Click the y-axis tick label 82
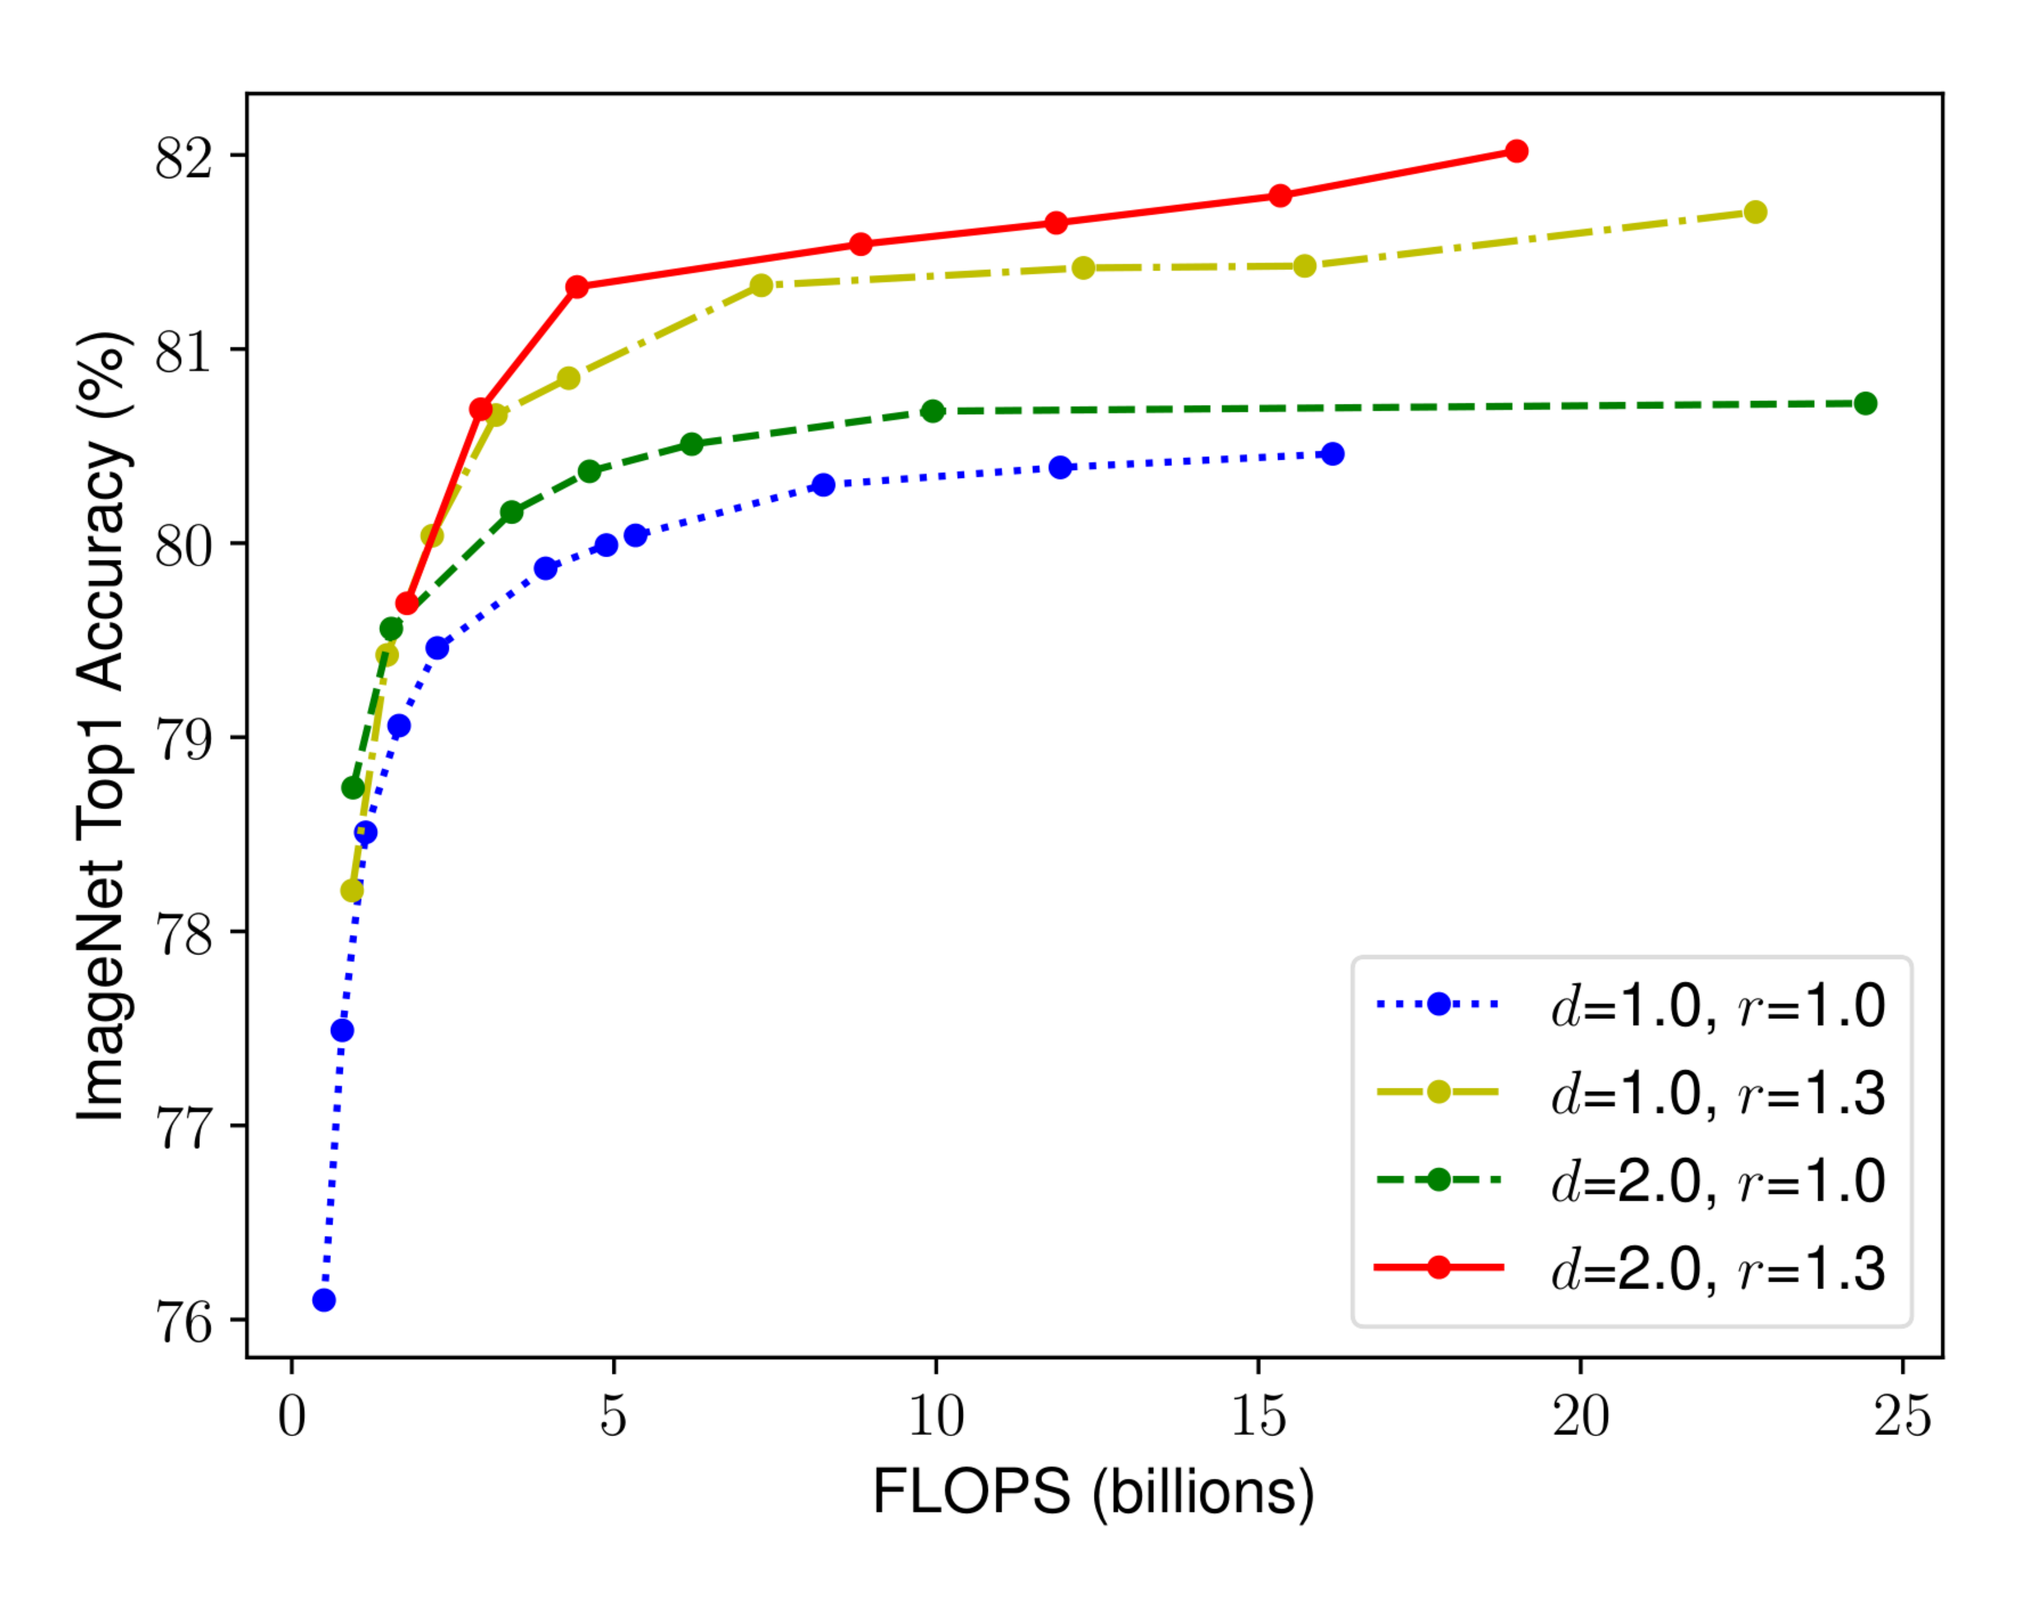pos(184,157)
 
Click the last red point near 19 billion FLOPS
pos(1516,151)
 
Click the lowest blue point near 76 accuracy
pos(324,1300)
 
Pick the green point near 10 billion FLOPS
pos(933,411)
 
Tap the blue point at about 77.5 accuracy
pos(342,1031)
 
